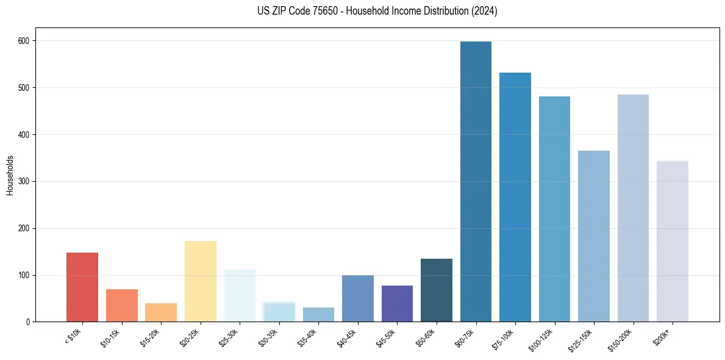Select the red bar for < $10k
(x=82, y=287)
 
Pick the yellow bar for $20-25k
(x=201, y=281)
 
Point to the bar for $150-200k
(x=633, y=208)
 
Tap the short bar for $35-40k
(x=318, y=315)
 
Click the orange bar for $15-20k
(x=161, y=312)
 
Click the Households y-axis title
(x=10, y=175)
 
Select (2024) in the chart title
(x=484, y=11)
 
